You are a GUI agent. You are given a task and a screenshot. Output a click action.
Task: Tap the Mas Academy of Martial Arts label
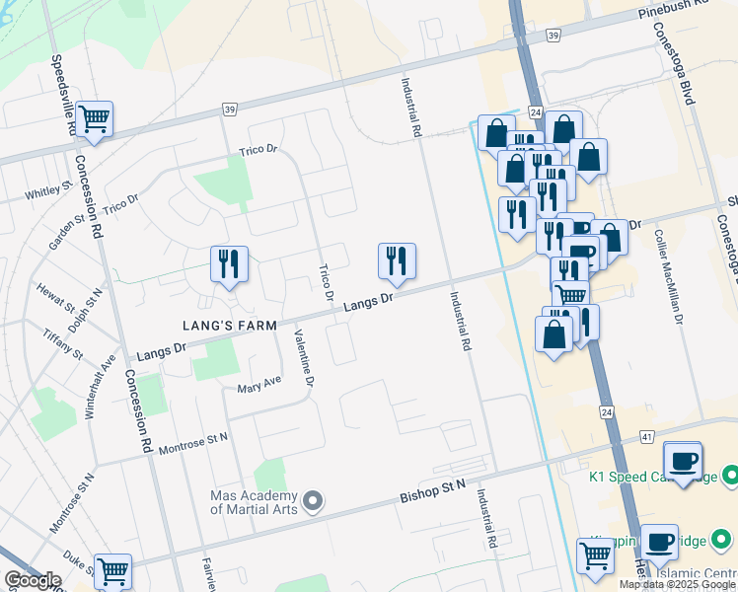point(253,502)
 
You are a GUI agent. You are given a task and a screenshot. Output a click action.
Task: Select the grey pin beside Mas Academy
point(313,502)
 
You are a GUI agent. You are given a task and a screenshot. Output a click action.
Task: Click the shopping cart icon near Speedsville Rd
point(95,119)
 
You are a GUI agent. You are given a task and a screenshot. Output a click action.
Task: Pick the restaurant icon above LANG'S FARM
point(229,263)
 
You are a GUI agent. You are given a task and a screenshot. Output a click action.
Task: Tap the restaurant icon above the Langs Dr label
point(397,260)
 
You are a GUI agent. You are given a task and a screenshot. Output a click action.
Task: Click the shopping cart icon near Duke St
point(112,570)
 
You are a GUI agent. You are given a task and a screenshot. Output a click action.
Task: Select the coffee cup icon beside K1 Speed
point(683,460)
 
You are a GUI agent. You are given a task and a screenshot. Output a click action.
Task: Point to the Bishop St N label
point(431,490)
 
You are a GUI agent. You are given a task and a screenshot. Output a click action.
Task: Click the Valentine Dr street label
point(303,357)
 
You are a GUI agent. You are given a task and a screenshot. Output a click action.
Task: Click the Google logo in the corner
point(33,580)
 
